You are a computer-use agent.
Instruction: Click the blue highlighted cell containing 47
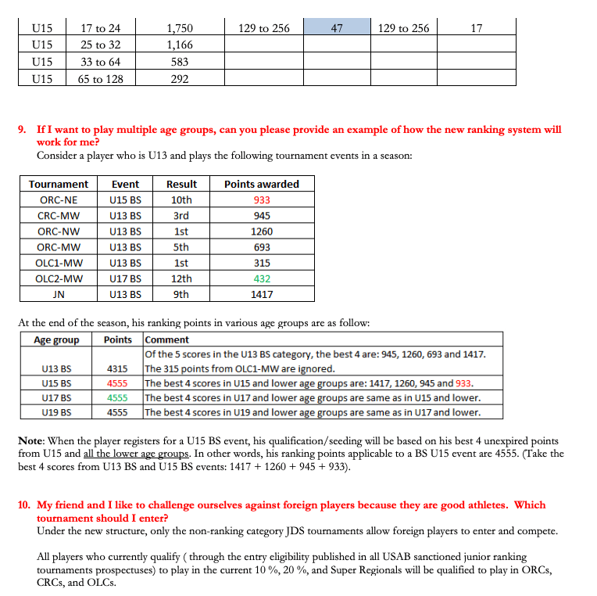click(x=337, y=28)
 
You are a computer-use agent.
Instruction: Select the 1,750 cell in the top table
click(x=180, y=28)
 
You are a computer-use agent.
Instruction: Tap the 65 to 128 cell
click(x=100, y=78)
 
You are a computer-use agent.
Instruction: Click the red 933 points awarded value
click(x=262, y=200)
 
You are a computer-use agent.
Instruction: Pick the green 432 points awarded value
click(x=262, y=278)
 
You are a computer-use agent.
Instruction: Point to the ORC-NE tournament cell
click(x=59, y=200)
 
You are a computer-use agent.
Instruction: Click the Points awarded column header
click(x=262, y=185)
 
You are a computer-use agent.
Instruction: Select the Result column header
click(x=181, y=185)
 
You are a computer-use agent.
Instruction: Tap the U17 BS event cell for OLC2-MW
click(x=125, y=278)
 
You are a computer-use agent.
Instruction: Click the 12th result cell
click(x=181, y=278)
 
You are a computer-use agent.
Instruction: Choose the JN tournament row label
click(x=59, y=294)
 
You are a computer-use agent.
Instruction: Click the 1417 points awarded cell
click(x=262, y=294)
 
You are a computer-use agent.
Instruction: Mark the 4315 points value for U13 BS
click(x=117, y=368)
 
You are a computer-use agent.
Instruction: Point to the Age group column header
click(x=56, y=339)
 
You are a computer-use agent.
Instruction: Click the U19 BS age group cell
click(x=56, y=411)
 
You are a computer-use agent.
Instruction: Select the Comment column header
click(x=166, y=339)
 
